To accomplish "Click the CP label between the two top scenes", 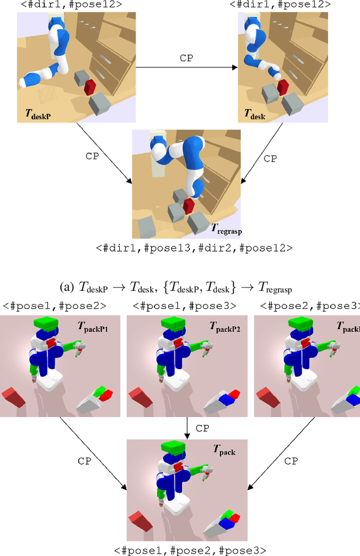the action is pyautogui.click(x=187, y=58).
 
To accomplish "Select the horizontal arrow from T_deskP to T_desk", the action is pyautogui.click(x=187, y=68).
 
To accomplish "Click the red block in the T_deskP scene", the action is pyautogui.click(x=90, y=87).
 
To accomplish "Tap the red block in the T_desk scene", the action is pyautogui.click(x=282, y=86).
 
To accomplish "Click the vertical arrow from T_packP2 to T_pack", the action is pyautogui.click(x=186, y=428).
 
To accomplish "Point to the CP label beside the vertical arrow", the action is pyautogui.click(x=202, y=428).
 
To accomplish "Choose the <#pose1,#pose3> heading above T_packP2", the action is pyautogui.click(x=184, y=306).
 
